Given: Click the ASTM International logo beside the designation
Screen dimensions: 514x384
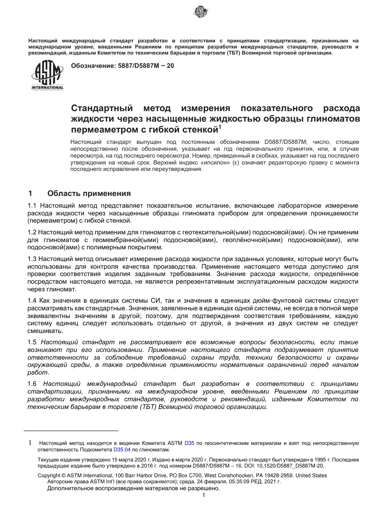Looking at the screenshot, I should (47, 76).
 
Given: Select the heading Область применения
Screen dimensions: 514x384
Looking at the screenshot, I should (89, 194).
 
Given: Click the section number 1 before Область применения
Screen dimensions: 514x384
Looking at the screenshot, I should (30, 194).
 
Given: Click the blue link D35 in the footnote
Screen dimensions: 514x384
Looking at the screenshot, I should (190, 443).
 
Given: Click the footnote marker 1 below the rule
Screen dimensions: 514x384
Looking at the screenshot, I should (30, 443).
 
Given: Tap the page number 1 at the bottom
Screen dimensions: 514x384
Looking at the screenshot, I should (204, 495).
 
